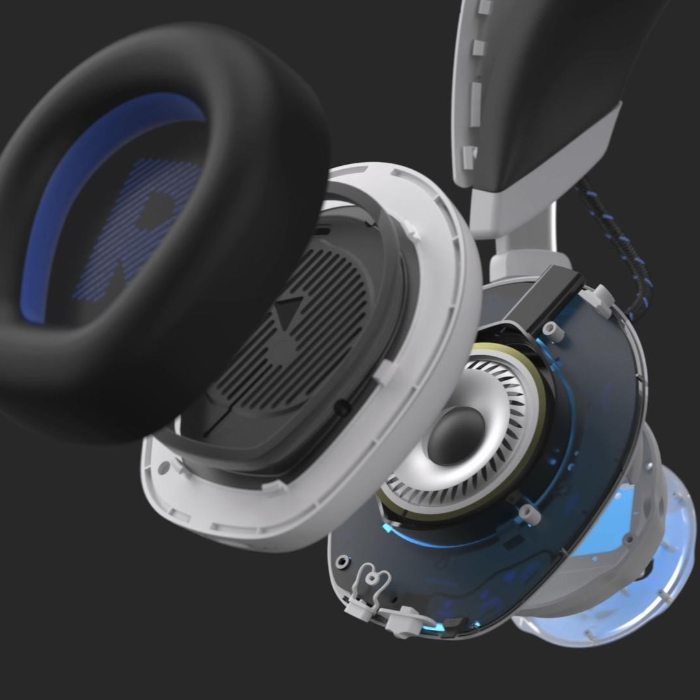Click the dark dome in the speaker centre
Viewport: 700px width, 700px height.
coord(456,436)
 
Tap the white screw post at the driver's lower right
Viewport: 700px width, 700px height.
coord(530,513)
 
